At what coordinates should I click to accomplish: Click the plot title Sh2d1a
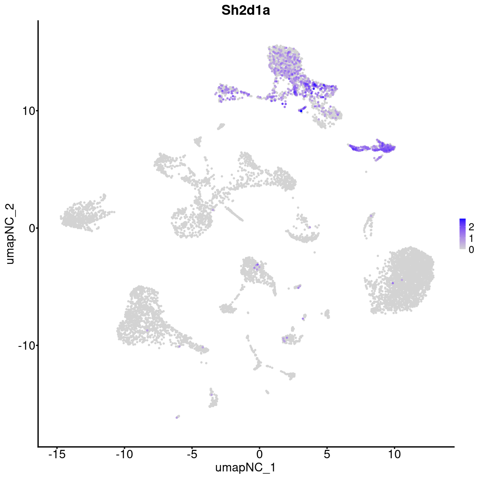point(246,11)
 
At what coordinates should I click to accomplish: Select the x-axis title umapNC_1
point(245,467)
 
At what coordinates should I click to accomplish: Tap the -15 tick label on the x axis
point(56,455)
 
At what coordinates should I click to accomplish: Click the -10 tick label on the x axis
point(124,455)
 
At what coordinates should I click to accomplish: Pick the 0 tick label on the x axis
point(259,455)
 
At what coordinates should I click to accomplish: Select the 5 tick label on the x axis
point(327,455)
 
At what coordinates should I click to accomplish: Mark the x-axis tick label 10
point(394,455)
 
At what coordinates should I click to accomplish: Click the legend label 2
point(471,227)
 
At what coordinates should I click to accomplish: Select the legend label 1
point(471,239)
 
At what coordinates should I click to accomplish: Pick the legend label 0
point(471,250)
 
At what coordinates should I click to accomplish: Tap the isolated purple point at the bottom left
point(177,417)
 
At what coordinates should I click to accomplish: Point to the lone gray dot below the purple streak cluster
point(366,172)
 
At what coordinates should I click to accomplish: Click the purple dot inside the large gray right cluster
point(393,283)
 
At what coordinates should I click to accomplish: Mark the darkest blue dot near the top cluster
point(301,111)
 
